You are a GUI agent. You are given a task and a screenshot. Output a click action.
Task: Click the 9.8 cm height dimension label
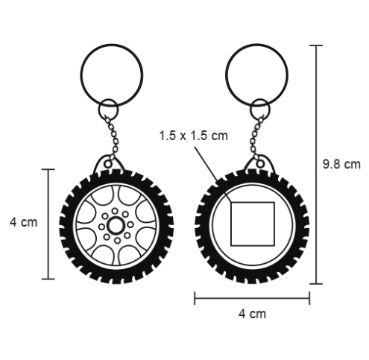341,164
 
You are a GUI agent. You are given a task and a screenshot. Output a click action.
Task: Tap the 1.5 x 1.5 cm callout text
193,136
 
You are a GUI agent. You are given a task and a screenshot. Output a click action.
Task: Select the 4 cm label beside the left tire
24,222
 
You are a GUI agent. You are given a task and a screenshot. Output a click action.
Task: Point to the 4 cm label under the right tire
252,314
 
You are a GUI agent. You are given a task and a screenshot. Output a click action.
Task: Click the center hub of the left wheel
116,225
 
